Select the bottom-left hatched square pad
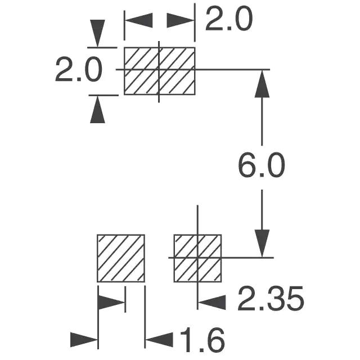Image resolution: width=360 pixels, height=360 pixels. click(121, 258)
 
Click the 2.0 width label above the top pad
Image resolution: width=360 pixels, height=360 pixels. click(228, 20)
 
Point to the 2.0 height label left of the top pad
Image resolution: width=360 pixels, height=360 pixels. click(78, 71)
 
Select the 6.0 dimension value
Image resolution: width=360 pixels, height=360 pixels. click(261, 167)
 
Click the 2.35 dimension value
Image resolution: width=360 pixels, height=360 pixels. click(270, 299)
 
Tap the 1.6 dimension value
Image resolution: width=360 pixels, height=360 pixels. click(202, 340)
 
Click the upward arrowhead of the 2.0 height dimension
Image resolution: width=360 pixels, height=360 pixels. click(98, 110)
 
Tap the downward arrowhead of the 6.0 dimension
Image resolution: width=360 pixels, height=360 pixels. click(262, 244)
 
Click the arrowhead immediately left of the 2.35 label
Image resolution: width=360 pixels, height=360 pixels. click(212, 302)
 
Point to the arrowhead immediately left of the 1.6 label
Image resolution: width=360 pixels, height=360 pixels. click(159, 340)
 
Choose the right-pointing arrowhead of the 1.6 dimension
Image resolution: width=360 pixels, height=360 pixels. click(84, 340)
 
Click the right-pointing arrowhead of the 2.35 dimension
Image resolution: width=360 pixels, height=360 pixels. click(111, 302)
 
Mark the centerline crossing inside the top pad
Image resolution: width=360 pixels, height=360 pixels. click(159, 69)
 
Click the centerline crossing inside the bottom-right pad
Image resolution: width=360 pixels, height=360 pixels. click(197, 257)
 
